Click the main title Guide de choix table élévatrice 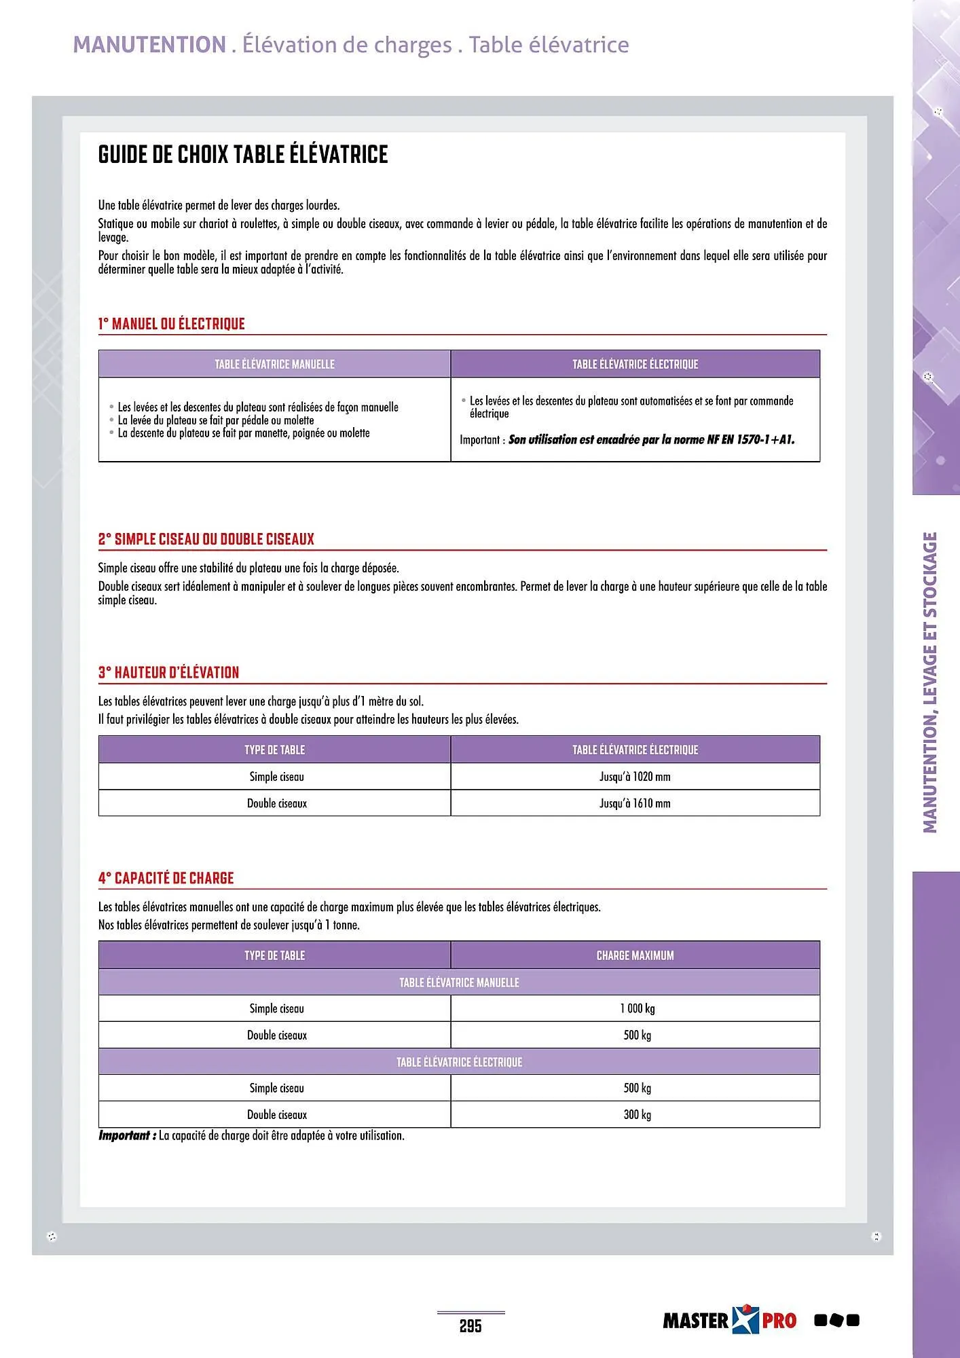click(x=242, y=155)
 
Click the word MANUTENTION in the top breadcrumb click(x=149, y=45)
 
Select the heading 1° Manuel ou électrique click(x=171, y=324)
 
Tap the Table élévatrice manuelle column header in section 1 click(x=274, y=365)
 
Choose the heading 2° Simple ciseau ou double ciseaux click(x=206, y=540)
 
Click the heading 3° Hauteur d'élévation click(x=168, y=673)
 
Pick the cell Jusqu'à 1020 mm click(x=634, y=777)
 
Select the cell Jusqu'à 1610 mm click(x=634, y=803)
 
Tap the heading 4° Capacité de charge click(x=166, y=879)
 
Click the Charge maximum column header click(x=635, y=955)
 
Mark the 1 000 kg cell click(x=637, y=1009)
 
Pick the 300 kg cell click(x=637, y=1115)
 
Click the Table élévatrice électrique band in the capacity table click(x=459, y=1062)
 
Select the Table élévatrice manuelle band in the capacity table click(x=459, y=983)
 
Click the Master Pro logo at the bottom click(x=728, y=1320)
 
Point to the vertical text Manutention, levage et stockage click(x=930, y=682)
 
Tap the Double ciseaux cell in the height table click(x=276, y=803)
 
